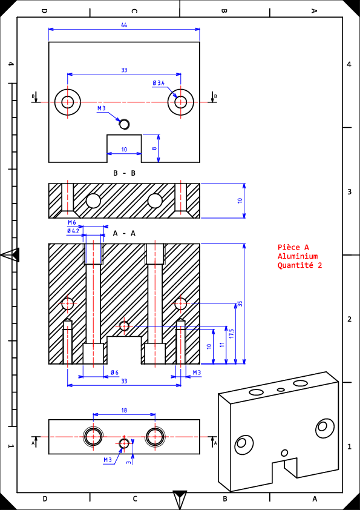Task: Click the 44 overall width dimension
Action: tap(124, 25)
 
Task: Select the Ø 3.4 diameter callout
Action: tap(159, 83)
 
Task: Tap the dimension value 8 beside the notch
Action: tap(154, 148)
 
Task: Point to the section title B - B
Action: tap(124, 173)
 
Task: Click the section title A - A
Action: tap(124, 233)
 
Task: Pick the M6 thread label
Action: tap(72, 222)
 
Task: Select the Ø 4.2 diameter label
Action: tap(73, 231)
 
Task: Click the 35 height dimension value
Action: tap(240, 304)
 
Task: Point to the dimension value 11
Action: tap(222, 345)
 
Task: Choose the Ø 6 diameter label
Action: tap(114, 373)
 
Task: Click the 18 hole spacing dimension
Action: tap(124, 411)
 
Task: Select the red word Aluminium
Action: tap(297, 256)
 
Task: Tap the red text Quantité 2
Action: tap(299, 265)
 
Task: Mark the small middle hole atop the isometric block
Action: tap(281, 389)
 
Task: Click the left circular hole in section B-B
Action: tap(93, 200)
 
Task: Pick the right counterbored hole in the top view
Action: tap(181, 102)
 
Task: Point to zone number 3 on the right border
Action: tap(349, 191)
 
